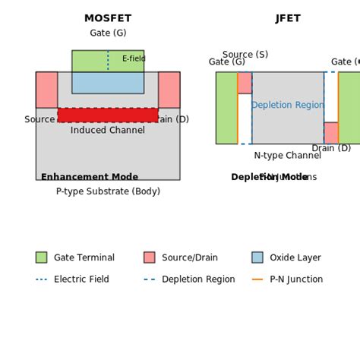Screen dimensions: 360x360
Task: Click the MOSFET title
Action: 108,18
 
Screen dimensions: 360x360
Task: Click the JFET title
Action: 288,18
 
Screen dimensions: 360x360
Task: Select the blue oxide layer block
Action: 108,83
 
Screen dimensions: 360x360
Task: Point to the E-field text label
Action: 134,59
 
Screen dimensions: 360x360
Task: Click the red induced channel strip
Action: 108,115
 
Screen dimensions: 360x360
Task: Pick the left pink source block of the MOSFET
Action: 46,90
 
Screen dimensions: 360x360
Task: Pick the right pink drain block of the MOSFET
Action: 169,90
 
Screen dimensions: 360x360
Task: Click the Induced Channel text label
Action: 108,131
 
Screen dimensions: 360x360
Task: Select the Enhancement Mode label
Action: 90,177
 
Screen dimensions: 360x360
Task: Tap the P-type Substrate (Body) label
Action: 108,191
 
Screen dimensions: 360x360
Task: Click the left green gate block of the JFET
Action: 226,108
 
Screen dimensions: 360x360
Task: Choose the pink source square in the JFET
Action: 245,83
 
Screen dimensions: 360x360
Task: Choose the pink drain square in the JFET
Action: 331,133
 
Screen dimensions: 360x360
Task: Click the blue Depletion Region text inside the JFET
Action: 288,106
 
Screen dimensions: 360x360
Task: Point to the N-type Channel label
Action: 288,156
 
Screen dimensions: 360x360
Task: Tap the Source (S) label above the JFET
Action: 245,55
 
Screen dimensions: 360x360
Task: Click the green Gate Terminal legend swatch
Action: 41,257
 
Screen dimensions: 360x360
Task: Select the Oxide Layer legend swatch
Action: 257,257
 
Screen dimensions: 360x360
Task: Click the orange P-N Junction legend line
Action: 257,279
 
